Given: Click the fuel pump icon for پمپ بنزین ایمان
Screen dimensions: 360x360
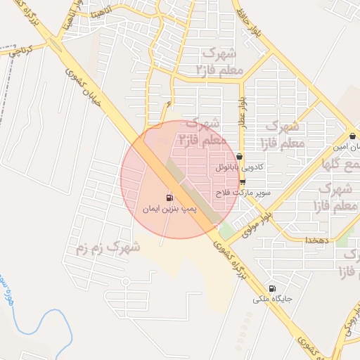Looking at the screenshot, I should click(x=169, y=198).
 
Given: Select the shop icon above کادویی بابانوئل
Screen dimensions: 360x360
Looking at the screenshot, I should click(x=240, y=157).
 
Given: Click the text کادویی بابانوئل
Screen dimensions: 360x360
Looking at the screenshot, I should click(x=241, y=169).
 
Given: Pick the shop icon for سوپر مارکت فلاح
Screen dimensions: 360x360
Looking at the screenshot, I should click(x=243, y=181).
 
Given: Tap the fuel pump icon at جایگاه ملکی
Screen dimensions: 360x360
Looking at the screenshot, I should click(x=272, y=288).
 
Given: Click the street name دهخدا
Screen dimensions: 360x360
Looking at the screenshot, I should click(x=312, y=240).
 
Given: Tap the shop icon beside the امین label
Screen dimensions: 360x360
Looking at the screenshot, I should click(x=352, y=136).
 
